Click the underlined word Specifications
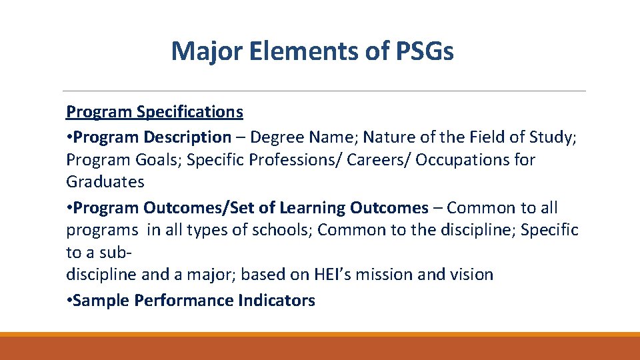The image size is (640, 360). click(x=190, y=111)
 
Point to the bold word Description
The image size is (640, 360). click(x=189, y=137)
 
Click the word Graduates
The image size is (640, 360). click(x=105, y=181)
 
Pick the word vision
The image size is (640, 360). click(x=471, y=274)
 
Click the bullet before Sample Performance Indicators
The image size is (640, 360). click(x=69, y=301)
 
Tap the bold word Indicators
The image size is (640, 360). click(x=276, y=301)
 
